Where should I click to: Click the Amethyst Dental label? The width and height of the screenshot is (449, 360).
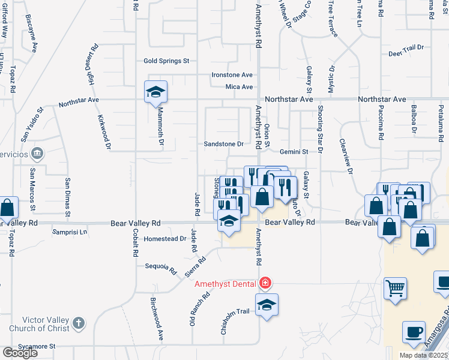tap(225, 284)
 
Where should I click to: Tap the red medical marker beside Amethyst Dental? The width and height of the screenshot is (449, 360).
tap(265, 283)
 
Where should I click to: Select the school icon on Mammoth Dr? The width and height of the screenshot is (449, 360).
tap(155, 92)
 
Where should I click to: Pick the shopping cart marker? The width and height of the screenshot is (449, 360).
tap(395, 289)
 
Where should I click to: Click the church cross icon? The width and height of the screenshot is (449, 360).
tap(78, 324)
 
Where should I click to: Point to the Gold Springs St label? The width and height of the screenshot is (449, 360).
tap(166, 61)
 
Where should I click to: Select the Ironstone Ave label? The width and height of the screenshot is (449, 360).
tap(232, 75)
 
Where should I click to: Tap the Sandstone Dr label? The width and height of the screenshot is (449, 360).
tap(224, 144)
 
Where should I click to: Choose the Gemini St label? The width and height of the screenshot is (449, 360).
tap(293, 152)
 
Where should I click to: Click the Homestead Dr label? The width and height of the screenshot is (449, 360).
tap(166, 239)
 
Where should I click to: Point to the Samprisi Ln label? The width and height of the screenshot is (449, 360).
tap(70, 232)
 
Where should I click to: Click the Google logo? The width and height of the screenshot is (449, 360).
tap(19, 353)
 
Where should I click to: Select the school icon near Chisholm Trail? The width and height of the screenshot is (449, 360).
tap(267, 304)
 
